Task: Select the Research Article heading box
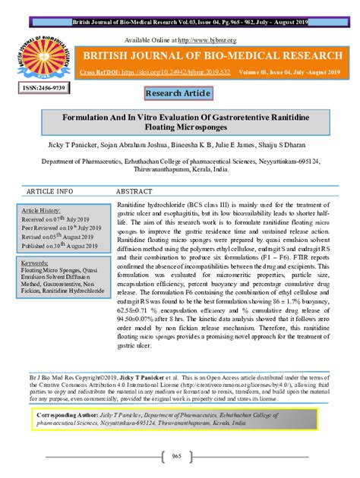[179, 94]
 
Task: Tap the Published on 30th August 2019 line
[55, 246]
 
